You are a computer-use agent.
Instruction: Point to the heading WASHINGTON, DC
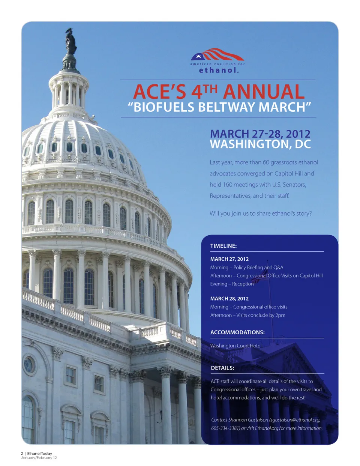[x=260, y=144]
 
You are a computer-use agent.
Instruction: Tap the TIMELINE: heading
[x=223, y=246]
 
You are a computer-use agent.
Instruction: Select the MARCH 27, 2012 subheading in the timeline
[x=229, y=259]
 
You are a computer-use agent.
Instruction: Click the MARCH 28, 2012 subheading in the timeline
[x=229, y=299]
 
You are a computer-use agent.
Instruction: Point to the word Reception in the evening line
[x=243, y=284]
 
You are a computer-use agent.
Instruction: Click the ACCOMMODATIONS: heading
[x=237, y=332]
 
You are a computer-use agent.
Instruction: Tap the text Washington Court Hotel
[x=236, y=346]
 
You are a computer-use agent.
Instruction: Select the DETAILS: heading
[x=222, y=368]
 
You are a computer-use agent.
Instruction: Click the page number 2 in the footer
[x=22, y=454]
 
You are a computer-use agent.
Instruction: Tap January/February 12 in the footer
[x=39, y=458]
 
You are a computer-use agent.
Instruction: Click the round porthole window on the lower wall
[x=29, y=365]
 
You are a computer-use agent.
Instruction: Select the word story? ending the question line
[x=304, y=213]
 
